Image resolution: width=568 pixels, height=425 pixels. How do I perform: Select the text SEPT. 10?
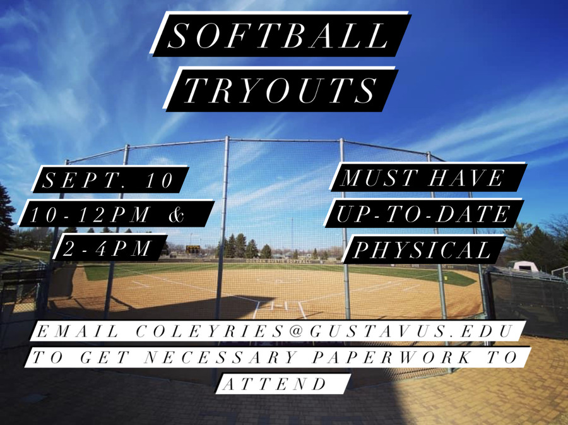pyautogui.click(x=108, y=180)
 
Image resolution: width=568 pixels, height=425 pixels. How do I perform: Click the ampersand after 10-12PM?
pyautogui.click(x=177, y=214)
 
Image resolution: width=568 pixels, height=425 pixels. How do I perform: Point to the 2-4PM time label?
pyautogui.click(x=107, y=248)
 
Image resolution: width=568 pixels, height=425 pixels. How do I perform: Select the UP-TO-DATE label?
pyautogui.click(x=423, y=214)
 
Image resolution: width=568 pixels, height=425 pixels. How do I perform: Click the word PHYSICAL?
pyautogui.click(x=422, y=250)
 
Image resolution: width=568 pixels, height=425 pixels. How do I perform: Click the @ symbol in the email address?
pyautogui.click(x=297, y=331)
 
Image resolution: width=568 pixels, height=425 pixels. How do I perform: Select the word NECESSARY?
pyautogui.click(x=221, y=357)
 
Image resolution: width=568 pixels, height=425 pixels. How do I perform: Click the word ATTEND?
pyautogui.click(x=275, y=384)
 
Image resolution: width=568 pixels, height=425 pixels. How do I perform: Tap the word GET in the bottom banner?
pyautogui.click(x=105, y=357)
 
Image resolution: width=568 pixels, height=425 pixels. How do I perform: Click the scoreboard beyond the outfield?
pyautogui.click(x=192, y=249)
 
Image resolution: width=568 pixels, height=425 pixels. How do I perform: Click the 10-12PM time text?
pyautogui.click(x=90, y=215)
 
